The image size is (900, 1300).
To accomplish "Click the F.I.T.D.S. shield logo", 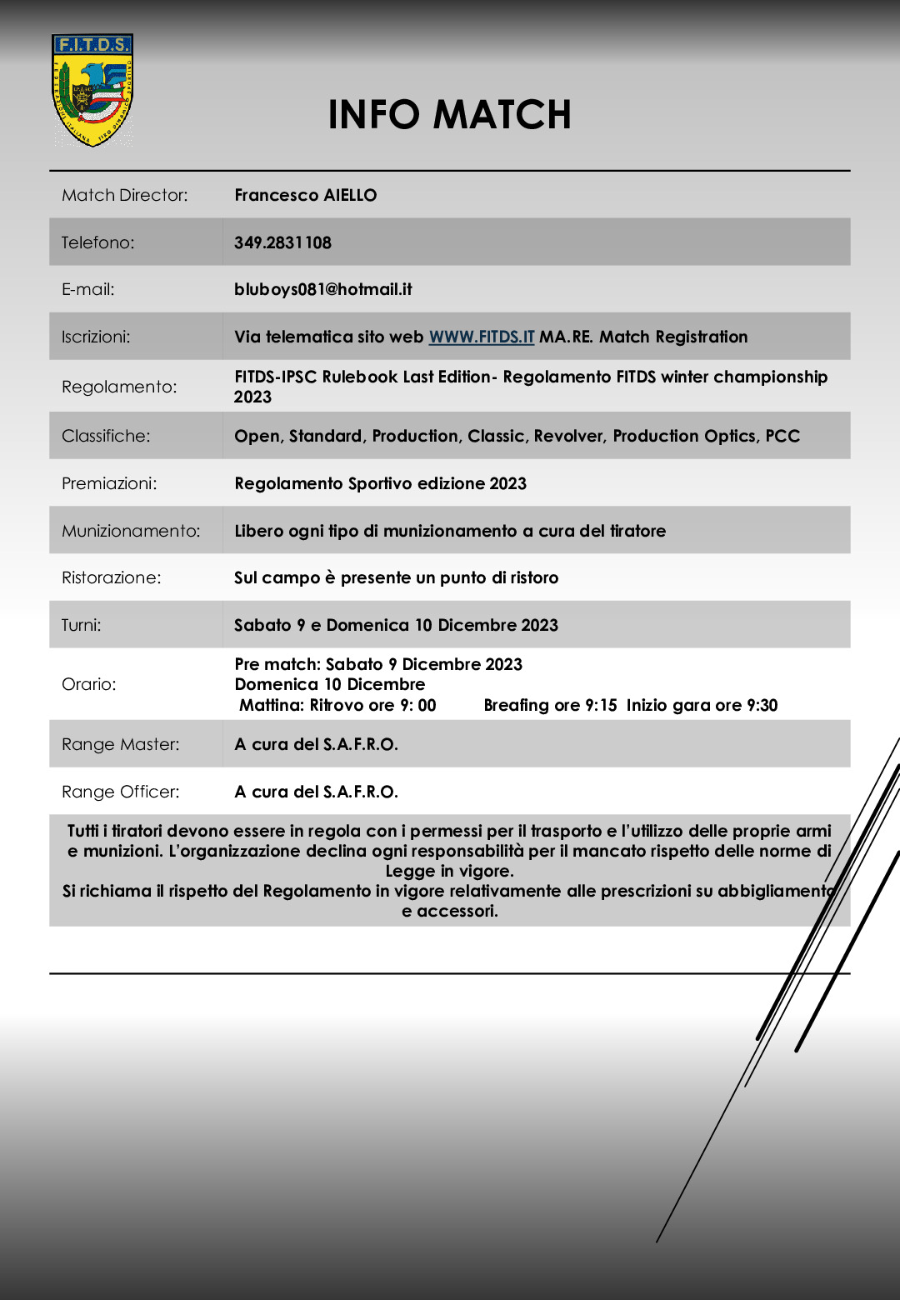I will (92, 90).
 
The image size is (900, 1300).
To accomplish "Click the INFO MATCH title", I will (449, 115).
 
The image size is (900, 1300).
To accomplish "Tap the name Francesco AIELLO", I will (305, 195).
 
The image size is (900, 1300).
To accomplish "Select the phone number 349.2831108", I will (282, 242).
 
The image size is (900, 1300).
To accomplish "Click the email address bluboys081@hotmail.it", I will (322, 289).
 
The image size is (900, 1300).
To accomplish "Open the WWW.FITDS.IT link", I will (481, 337).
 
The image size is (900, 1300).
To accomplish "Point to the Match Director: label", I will (124, 195).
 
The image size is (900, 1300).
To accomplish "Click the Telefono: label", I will (97, 242).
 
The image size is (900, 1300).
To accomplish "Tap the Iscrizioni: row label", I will (95, 337).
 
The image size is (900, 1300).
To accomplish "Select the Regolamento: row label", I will (119, 387).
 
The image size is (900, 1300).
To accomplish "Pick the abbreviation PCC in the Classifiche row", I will (782, 436).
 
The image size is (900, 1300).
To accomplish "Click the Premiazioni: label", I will (109, 483).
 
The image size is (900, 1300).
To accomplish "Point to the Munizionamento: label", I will (131, 531).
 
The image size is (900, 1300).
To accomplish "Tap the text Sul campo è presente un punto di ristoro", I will (396, 577).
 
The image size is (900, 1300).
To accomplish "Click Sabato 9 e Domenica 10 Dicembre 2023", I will (396, 625).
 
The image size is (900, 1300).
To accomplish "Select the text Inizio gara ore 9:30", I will (702, 705).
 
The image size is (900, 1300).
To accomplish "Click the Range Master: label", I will (120, 744).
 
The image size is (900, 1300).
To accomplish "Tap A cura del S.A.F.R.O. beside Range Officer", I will (316, 792).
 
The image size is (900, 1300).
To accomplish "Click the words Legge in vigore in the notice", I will (449, 871).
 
